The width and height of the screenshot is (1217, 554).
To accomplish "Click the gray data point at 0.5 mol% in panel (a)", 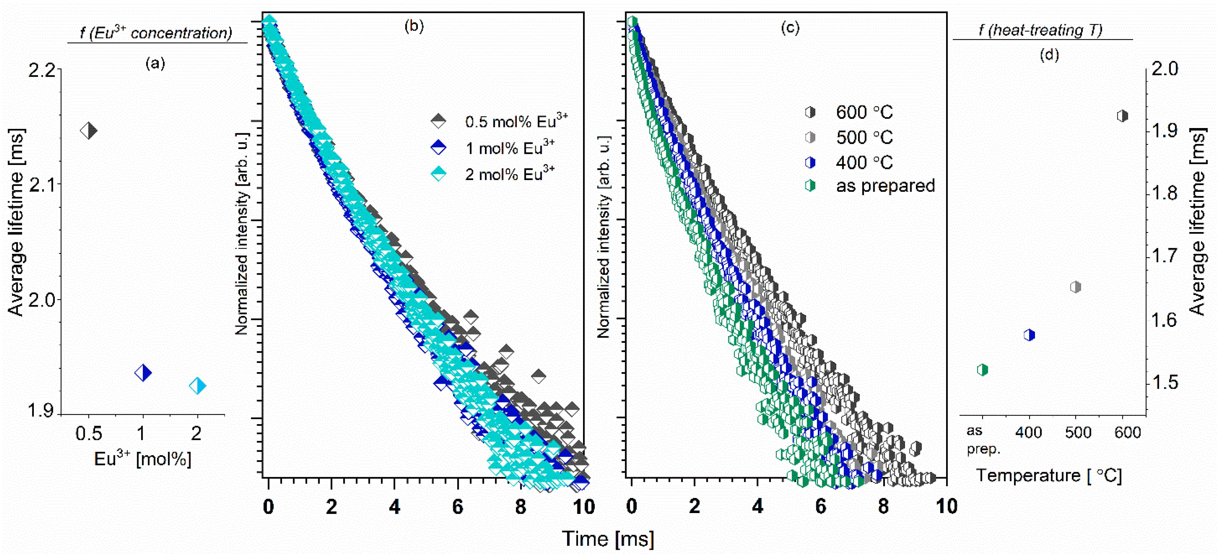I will [x=89, y=130].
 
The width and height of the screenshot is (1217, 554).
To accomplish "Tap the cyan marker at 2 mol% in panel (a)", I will [x=197, y=386].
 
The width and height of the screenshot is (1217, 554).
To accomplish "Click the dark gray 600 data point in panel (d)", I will [x=1122, y=116].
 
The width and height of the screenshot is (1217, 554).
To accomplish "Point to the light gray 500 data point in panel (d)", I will [x=1075, y=287].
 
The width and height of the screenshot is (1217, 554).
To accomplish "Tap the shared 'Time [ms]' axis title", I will [x=608, y=538].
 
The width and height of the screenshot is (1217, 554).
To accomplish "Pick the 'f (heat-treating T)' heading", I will [x=1040, y=30].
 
